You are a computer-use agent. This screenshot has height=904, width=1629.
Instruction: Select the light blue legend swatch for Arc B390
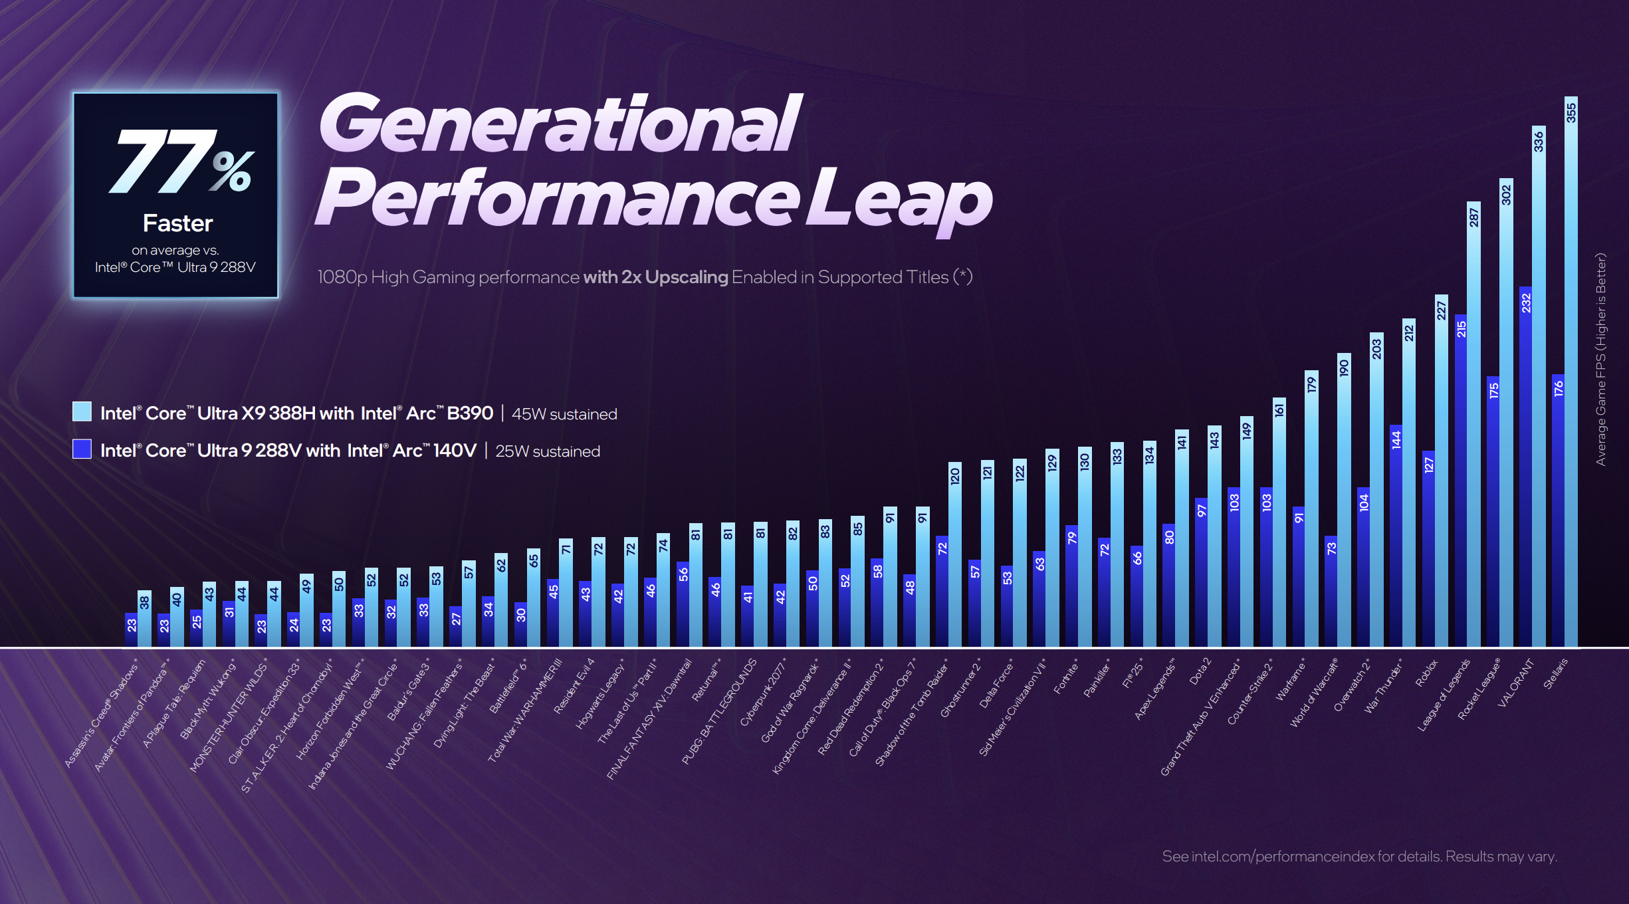pos(82,411)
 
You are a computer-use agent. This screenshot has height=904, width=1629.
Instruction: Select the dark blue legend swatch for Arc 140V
pos(82,449)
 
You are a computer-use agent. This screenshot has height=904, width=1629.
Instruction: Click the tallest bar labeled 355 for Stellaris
pos(1571,372)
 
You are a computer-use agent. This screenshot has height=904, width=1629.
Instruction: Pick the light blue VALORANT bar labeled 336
pos(1538,386)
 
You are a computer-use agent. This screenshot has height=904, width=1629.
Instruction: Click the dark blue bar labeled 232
pos(1525,465)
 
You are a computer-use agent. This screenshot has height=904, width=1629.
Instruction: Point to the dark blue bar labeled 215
pos(1461,479)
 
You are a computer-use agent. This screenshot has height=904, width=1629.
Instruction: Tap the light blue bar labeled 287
pos(1473,425)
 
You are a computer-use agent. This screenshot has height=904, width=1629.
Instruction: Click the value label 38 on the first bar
pos(144,602)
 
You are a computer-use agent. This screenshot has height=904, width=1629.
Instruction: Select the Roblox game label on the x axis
pos(1426,673)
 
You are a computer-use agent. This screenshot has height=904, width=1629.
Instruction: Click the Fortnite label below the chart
pos(1065,677)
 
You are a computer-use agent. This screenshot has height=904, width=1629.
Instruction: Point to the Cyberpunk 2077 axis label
pos(763,692)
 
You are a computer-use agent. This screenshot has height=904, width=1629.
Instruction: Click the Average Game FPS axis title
pos(1601,359)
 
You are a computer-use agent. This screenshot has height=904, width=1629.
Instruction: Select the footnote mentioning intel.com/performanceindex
pos(1359,856)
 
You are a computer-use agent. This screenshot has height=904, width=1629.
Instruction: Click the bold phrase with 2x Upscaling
pos(655,277)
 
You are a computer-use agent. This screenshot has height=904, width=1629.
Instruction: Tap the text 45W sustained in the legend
pos(564,414)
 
